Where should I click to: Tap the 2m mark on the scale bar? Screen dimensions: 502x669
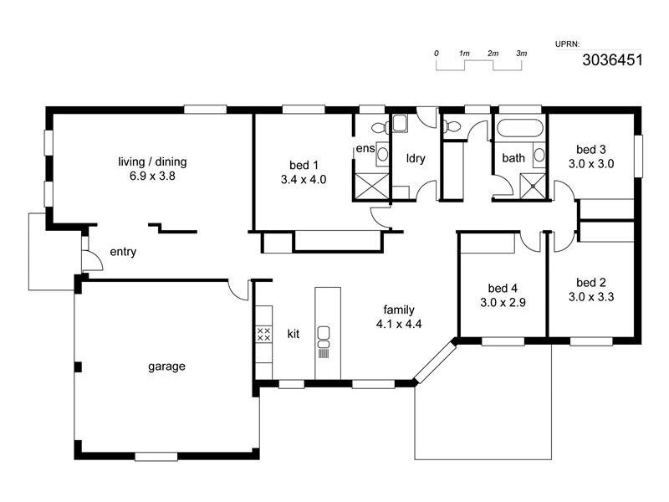493,54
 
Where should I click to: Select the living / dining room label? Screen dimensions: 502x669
152,161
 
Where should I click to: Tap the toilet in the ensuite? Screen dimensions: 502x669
378,128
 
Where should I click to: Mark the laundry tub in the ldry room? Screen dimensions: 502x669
401,125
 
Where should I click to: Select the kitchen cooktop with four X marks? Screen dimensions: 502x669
263,335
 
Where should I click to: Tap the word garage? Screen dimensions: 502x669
166,366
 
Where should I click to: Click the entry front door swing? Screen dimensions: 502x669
92,260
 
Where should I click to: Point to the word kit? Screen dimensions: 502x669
294,334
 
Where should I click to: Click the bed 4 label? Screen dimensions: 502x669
498,287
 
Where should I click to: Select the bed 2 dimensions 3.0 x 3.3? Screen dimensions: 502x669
591,296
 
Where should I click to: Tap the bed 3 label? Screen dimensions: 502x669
591,151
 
